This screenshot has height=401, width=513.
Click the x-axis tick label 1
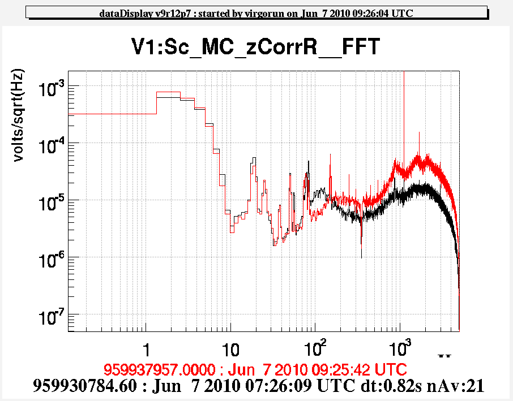[x=146, y=346]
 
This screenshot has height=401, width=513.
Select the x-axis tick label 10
[x=230, y=346]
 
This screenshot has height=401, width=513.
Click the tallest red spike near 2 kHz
[x=419, y=133]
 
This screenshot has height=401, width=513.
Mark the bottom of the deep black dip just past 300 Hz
[x=361, y=257]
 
